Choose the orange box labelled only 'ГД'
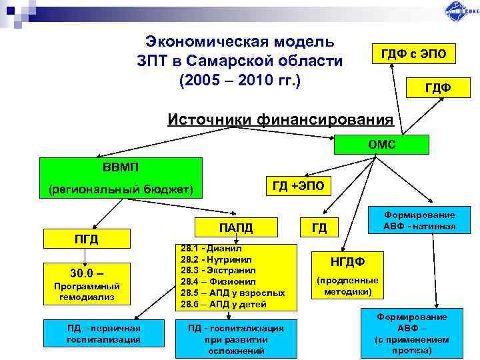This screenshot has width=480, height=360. (319, 229)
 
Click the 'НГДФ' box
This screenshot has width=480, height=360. (347, 260)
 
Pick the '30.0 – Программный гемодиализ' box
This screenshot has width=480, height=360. (85, 283)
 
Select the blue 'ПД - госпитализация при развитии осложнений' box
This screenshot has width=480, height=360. (237, 338)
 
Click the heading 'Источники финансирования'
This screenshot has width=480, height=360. (280, 119)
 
